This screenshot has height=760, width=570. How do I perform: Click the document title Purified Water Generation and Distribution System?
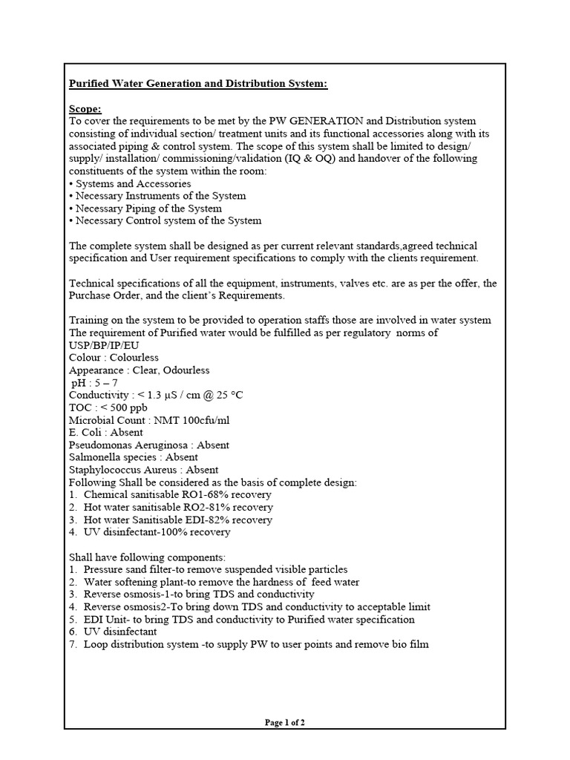pyautogui.click(x=197, y=84)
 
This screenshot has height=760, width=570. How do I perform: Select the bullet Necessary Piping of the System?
pyautogui.click(x=145, y=209)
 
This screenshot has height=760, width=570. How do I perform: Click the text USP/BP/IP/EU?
pyautogui.click(x=103, y=345)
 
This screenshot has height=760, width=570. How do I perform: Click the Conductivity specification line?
pyautogui.click(x=155, y=395)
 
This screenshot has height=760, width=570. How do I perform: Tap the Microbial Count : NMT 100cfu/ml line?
pyautogui.click(x=149, y=420)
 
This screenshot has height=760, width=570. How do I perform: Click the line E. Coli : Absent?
pyautogui.click(x=106, y=432)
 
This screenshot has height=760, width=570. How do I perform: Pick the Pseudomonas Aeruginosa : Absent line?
pyautogui.click(x=148, y=445)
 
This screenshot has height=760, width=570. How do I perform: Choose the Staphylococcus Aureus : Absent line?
pyautogui.click(x=143, y=470)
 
